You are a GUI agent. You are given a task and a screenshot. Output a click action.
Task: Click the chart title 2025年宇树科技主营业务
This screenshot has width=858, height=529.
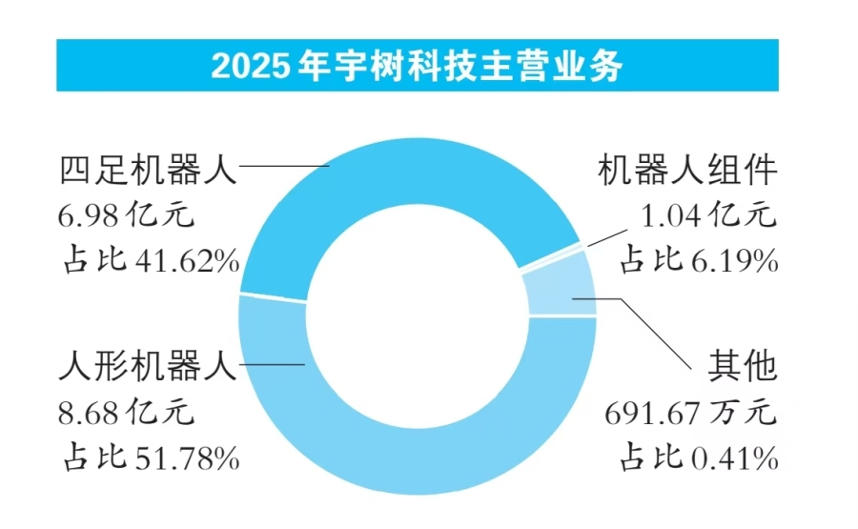(x=417, y=66)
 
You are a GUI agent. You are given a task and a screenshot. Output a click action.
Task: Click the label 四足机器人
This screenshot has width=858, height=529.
(x=149, y=170)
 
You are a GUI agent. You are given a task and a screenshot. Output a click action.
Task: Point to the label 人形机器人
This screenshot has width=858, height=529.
(x=149, y=365)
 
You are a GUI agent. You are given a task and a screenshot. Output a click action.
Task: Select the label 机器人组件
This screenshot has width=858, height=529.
(x=687, y=170)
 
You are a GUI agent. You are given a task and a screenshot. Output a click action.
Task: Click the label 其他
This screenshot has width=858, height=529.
(x=743, y=365)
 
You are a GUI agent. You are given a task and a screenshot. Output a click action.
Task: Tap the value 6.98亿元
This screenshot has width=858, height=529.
(x=127, y=214)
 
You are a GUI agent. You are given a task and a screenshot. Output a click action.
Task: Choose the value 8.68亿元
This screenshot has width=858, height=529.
(x=127, y=412)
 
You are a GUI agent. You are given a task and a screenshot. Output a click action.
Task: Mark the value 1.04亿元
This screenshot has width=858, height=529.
(x=708, y=214)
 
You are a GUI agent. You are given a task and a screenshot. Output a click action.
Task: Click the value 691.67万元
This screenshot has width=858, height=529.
(x=690, y=413)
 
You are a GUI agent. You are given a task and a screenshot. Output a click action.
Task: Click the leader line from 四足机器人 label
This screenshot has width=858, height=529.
(x=284, y=166)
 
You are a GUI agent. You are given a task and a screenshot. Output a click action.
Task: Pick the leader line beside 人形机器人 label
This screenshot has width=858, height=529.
(x=272, y=364)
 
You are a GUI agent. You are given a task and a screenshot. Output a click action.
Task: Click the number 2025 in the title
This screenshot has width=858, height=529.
(x=250, y=67)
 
